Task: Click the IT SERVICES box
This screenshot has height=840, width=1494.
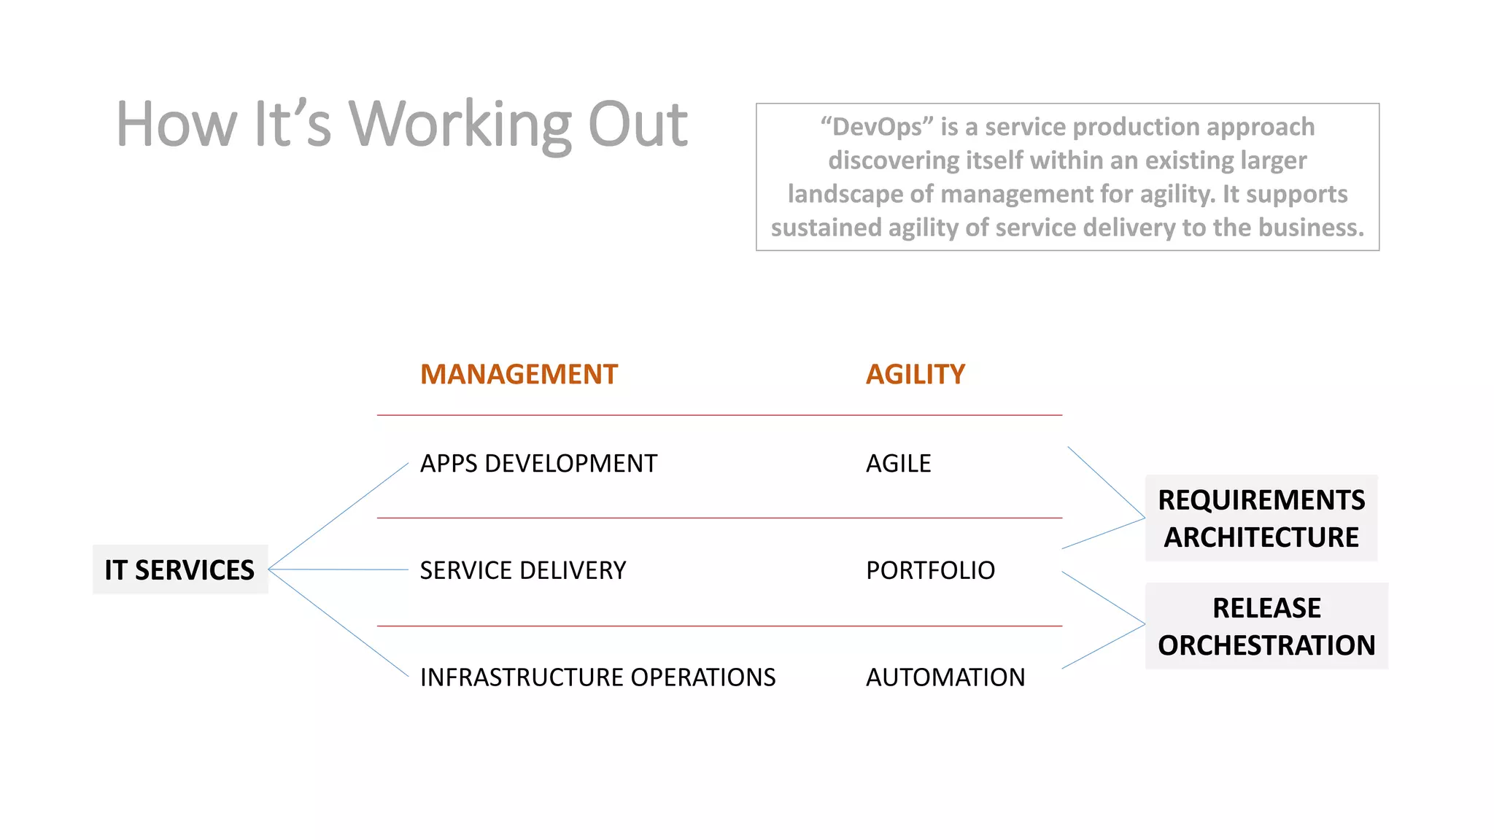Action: [x=180, y=569]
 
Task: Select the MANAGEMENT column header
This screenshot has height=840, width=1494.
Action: [x=519, y=374]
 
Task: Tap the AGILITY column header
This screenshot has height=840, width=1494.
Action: [x=915, y=374]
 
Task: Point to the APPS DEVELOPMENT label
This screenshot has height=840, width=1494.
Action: [x=538, y=464]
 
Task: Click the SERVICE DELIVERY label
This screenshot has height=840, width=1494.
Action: [x=522, y=570]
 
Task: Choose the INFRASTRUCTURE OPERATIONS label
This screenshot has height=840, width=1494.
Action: [x=597, y=677]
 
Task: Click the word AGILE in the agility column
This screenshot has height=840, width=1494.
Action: [x=898, y=464]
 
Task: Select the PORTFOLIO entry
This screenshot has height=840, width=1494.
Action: [x=930, y=570]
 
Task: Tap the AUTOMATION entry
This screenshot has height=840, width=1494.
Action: [x=945, y=677]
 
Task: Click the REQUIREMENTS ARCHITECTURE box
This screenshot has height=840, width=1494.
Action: [x=1261, y=518]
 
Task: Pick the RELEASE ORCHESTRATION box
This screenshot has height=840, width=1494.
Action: [x=1266, y=626]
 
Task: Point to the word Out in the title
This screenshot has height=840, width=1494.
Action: [x=638, y=125]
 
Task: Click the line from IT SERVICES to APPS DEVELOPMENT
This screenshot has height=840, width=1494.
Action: [x=338, y=516]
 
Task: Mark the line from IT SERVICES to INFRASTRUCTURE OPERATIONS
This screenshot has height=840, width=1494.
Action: [x=338, y=623]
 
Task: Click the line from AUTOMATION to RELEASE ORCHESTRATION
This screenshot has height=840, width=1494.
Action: [x=1103, y=647]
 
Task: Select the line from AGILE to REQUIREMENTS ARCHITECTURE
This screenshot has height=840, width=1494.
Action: [x=1106, y=482]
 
